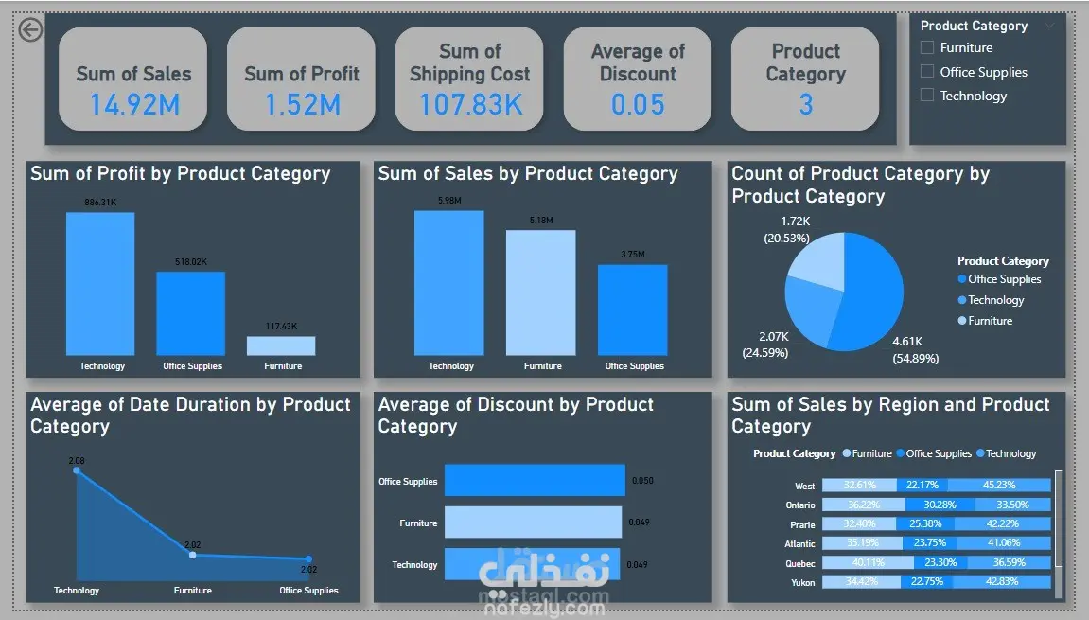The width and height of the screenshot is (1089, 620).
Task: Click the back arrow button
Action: (30, 30)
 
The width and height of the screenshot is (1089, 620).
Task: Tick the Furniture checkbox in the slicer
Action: (927, 47)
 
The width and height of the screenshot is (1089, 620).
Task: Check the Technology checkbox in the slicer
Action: (927, 96)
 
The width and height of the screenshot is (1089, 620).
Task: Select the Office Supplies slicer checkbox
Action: (927, 72)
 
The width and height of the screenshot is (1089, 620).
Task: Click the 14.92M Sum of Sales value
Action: (133, 104)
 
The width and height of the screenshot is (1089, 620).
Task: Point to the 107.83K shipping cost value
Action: (470, 104)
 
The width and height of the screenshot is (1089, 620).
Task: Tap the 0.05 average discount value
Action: (638, 104)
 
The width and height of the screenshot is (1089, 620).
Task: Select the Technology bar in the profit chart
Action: (100, 284)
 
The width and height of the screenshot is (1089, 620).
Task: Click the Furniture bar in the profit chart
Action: (281, 345)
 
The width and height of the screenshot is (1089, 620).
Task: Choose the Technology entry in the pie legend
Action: (995, 300)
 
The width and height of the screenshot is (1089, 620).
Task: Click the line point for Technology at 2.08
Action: (78, 470)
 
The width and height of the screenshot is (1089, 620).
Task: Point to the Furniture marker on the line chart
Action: (193, 555)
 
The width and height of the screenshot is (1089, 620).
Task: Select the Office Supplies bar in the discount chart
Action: (535, 480)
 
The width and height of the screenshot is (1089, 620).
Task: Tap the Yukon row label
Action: (803, 583)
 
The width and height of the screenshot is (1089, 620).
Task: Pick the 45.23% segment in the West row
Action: (1003, 486)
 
